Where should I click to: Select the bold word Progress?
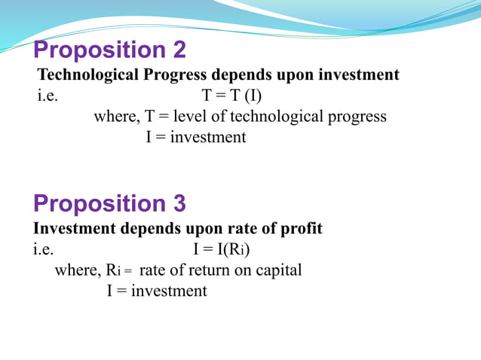tap(178, 75)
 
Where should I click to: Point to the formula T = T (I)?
tap(231, 96)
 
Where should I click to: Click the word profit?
tap(300, 229)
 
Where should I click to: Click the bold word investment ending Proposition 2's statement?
tap(358, 75)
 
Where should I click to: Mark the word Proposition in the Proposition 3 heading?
tap(94, 204)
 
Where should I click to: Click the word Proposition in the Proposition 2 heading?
tap(94, 50)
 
